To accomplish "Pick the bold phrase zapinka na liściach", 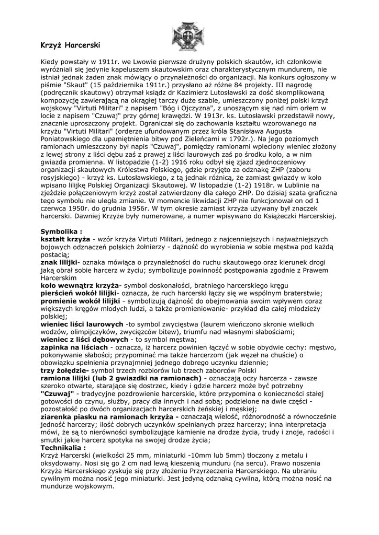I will (x=74, y=347).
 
